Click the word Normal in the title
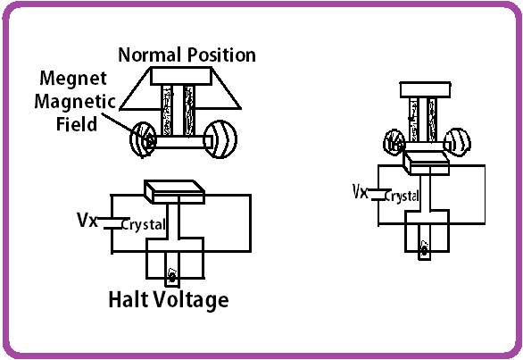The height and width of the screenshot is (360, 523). [x=149, y=54]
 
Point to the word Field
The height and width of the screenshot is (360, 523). [x=76, y=124]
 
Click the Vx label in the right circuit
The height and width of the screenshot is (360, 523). [x=360, y=190]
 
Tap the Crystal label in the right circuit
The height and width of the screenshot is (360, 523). [x=400, y=196]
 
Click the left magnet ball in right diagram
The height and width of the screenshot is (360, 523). [x=395, y=141]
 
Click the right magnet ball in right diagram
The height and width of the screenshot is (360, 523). [x=457, y=140]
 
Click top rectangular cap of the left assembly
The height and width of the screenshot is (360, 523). [x=182, y=78]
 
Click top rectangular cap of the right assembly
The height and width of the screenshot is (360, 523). [x=427, y=88]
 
